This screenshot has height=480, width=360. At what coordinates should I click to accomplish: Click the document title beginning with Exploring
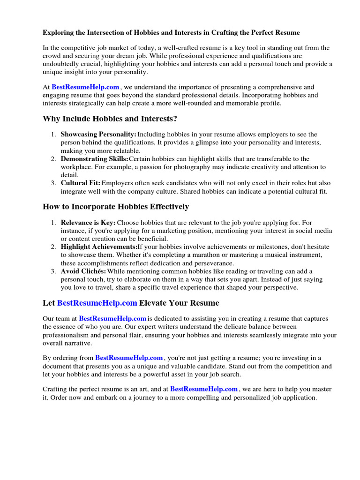(x=171, y=33)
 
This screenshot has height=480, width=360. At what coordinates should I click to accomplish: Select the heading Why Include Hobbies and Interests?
(x=110, y=119)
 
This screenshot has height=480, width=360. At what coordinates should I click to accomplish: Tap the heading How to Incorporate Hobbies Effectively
(x=116, y=206)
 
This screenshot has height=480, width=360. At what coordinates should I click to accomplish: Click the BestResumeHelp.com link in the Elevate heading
(x=97, y=303)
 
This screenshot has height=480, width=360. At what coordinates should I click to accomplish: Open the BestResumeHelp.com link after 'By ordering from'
(x=129, y=358)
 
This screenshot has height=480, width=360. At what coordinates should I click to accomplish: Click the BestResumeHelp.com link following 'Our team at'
(x=112, y=318)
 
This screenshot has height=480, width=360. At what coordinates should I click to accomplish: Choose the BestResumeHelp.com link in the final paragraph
(x=204, y=389)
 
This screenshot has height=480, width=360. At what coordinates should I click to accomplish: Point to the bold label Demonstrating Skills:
(x=94, y=159)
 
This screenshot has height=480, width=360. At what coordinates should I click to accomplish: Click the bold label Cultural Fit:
(x=81, y=183)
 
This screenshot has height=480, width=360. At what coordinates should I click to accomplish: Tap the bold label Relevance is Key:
(x=88, y=222)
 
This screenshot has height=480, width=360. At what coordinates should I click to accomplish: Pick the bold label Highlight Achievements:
(x=99, y=247)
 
